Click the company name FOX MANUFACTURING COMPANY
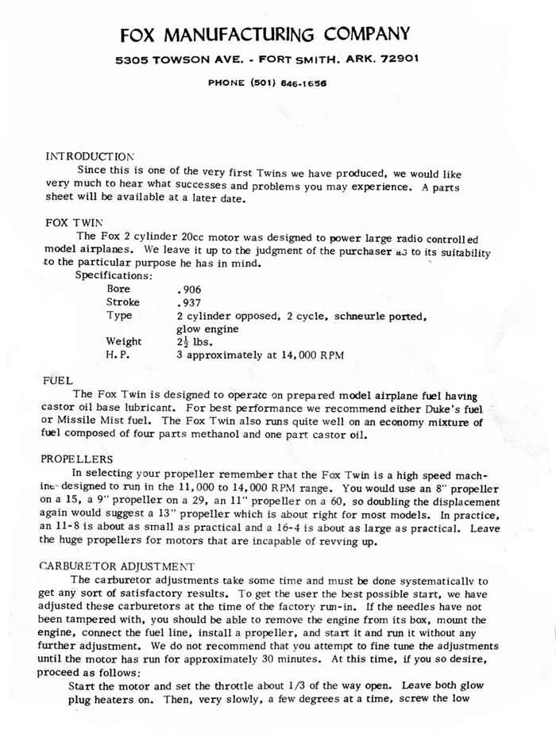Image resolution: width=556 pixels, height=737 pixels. point(265,33)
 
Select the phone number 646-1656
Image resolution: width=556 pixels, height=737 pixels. point(302,82)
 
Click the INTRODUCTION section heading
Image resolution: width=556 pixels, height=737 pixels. point(90,156)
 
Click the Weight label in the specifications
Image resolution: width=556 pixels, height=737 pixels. point(124,341)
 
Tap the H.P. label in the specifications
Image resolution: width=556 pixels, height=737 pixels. point(118,355)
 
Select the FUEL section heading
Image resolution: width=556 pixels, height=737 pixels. point(58,381)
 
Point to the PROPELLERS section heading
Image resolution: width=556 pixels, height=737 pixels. point(78,459)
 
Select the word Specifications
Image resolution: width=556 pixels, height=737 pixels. point(114,275)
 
